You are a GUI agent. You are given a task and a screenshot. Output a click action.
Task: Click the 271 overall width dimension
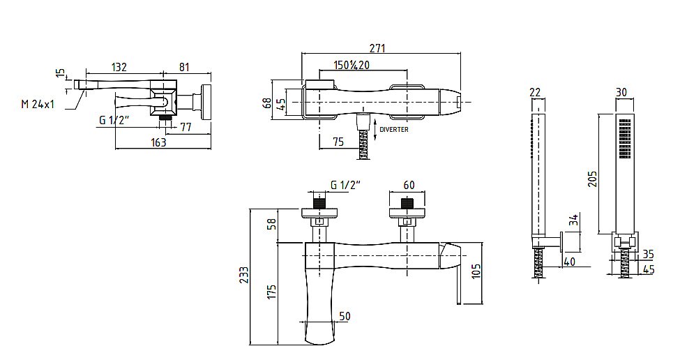(377, 47)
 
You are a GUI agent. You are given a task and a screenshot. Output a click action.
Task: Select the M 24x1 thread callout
(38, 104)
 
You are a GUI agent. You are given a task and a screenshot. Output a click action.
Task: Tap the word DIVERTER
(394, 129)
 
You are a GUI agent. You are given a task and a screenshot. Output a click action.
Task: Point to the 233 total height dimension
(244, 276)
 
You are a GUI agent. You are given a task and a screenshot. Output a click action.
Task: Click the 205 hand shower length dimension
(592, 179)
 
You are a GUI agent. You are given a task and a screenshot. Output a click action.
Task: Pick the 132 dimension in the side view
(119, 67)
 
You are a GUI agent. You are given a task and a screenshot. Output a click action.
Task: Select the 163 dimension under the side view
(158, 142)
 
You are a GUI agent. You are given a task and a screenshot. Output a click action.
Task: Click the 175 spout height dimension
(271, 292)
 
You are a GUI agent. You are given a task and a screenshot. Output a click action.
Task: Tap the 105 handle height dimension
(476, 271)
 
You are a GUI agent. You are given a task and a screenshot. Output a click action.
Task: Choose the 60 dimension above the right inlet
(409, 185)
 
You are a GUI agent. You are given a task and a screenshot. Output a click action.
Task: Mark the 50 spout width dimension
(345, 316)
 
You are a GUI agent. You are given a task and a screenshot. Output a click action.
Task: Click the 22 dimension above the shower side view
(535, 92)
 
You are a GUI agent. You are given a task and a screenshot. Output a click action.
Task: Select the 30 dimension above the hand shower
(621, 92)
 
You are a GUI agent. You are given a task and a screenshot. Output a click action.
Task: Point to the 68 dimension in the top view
(268, 103)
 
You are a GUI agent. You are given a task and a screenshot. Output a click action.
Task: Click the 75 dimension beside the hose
(338, 142)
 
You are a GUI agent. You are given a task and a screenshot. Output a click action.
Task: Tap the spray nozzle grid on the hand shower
(624, 139)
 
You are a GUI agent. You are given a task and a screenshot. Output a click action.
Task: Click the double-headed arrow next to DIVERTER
(375, 131)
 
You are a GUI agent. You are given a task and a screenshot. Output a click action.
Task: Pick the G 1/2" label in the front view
(346, 185)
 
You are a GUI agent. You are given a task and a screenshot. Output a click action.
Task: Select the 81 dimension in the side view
(184, 67)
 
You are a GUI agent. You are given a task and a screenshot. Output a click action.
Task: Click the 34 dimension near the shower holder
(574, 220)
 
